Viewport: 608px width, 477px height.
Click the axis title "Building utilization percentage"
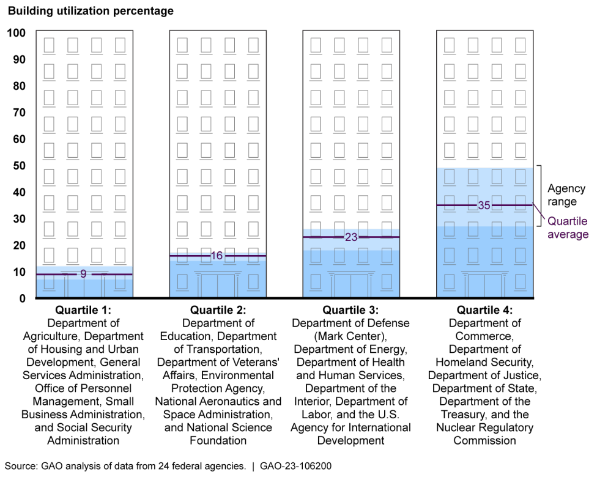(x=91, y=11)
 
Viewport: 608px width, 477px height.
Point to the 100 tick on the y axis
(x=17, y=32)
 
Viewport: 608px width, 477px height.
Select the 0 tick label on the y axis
(x=21, y=298)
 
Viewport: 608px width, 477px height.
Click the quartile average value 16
(x=217, y=256)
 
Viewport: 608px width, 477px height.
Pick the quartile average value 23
(x=351, y=237)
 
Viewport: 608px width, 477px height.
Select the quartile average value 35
(x=484, y=205)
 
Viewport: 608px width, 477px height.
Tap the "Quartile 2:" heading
(x=218, y=310)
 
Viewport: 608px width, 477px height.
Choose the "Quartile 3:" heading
(x=351, y=310)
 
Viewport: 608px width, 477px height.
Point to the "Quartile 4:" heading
(x=485, y=310)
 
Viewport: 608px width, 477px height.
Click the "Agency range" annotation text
(x=566, y=195)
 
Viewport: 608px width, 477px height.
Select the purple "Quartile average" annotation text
(x=568, y=228)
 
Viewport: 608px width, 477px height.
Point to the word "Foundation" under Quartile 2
(x=218, y=440)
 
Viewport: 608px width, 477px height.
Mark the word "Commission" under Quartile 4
(x=485, y=440)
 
